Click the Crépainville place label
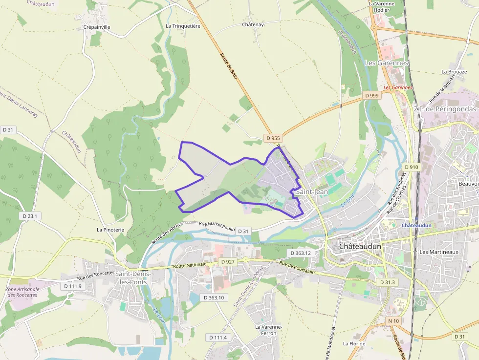(x=97, y=27)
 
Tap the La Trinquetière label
(x=183, y=26)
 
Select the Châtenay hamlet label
(x=253, y=24)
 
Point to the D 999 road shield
(x=372, y=96)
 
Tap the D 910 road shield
(x=412, y=167)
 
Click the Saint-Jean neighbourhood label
(x=312, y=192)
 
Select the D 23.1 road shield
(x=30, y=215)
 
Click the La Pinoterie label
(x=110, y=230)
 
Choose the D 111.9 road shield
(x=72, y=286)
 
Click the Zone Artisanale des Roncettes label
(x=22, y=292)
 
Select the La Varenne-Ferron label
(x=268, y=330)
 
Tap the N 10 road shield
(x=393, y=320)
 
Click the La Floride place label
(x=354, y=343)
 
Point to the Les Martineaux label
(x=438, y=252)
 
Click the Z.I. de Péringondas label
(x=445, y=109)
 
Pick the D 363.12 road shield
(x=301, y=253)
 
